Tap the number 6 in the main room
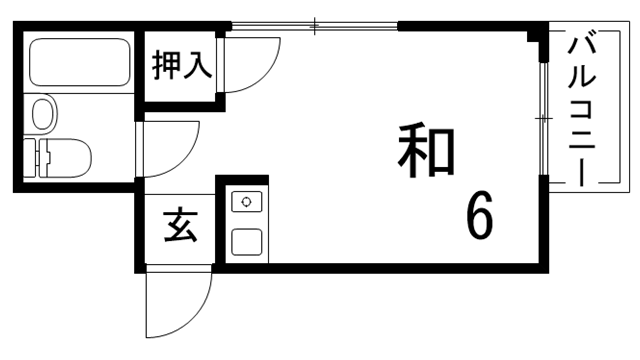click(x=479, y=217)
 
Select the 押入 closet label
click(x=181, y=67)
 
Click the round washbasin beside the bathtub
click(x=43, y=112)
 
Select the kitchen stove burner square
click(x=246, y=202)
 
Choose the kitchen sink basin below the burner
click(x=246, y=240)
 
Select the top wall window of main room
click(x=314, y=24)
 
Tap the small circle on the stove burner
click(x=246, y=202)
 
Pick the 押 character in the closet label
click(x=166, y=67)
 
